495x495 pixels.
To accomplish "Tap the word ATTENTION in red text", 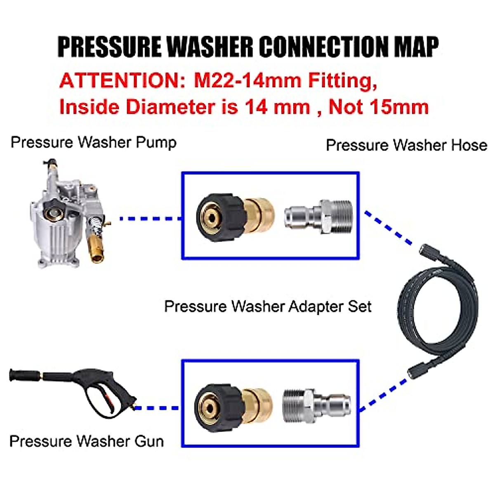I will (x=119, y=80).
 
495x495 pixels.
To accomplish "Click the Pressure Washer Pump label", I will (x=94, y=142).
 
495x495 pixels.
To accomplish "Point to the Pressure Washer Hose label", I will (x=406, y=145).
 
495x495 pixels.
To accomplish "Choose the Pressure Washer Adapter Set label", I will (x=268, y=306).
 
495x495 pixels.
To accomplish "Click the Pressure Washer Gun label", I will (x=87, y=441).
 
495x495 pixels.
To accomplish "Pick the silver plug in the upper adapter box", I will (x=318, y=216).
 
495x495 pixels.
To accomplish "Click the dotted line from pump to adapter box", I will (x=151, y=218).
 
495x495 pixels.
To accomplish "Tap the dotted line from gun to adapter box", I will (x=157, y=408).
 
